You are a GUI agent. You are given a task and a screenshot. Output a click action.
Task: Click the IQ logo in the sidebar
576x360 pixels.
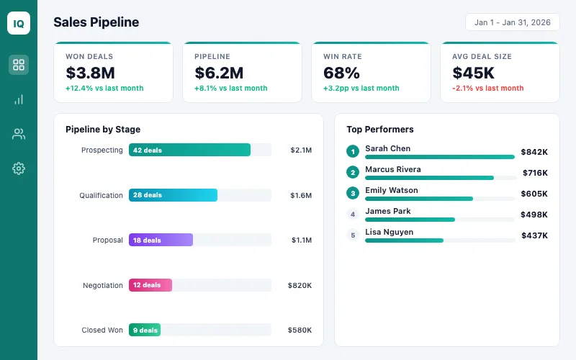(x=19, y=23)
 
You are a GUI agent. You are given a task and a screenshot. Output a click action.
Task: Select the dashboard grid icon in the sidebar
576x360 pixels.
(x=19, y=65)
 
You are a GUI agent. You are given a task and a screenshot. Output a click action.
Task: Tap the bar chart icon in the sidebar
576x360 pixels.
(x=19, y=99)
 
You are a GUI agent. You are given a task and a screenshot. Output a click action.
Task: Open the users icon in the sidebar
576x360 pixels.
(x=19, y=134)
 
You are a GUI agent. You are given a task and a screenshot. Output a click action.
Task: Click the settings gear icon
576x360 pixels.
(x=19, y=168)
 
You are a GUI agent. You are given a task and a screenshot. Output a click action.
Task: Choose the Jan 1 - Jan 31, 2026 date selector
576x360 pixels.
(x=512, y=22)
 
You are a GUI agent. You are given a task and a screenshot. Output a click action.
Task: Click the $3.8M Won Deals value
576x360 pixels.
(x=90, y=73)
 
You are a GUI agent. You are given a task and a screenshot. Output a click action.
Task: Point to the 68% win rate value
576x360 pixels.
(x=341, y=73)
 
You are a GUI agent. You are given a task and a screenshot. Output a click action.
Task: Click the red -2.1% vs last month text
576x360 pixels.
(x=487, y=88)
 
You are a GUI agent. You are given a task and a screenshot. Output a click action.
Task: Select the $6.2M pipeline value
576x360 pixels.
(x=219, y=73)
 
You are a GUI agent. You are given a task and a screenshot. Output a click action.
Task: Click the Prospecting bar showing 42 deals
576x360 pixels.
(x=189, y=150)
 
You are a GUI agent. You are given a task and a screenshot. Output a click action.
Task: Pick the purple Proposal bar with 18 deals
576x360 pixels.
(x=161, y=240)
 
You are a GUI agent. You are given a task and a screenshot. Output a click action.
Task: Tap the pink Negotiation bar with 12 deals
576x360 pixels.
(x=150, y=285)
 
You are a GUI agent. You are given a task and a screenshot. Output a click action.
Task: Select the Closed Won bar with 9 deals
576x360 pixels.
(x=144, y=330)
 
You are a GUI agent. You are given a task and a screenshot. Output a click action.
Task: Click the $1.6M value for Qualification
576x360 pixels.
(x=301, y=195)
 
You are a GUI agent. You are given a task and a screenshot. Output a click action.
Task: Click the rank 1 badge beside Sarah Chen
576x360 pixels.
(x=352, y=151)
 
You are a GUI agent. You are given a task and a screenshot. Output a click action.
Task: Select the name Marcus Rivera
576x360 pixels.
(x=392, y=169)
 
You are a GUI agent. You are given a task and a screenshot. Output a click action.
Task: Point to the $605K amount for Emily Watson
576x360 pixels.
(x=534, y=194)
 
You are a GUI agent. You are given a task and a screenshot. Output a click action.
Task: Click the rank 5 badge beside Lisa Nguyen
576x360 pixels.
(x=352, y=235)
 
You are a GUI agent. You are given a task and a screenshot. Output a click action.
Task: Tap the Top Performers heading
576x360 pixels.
(x=379, y=130)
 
